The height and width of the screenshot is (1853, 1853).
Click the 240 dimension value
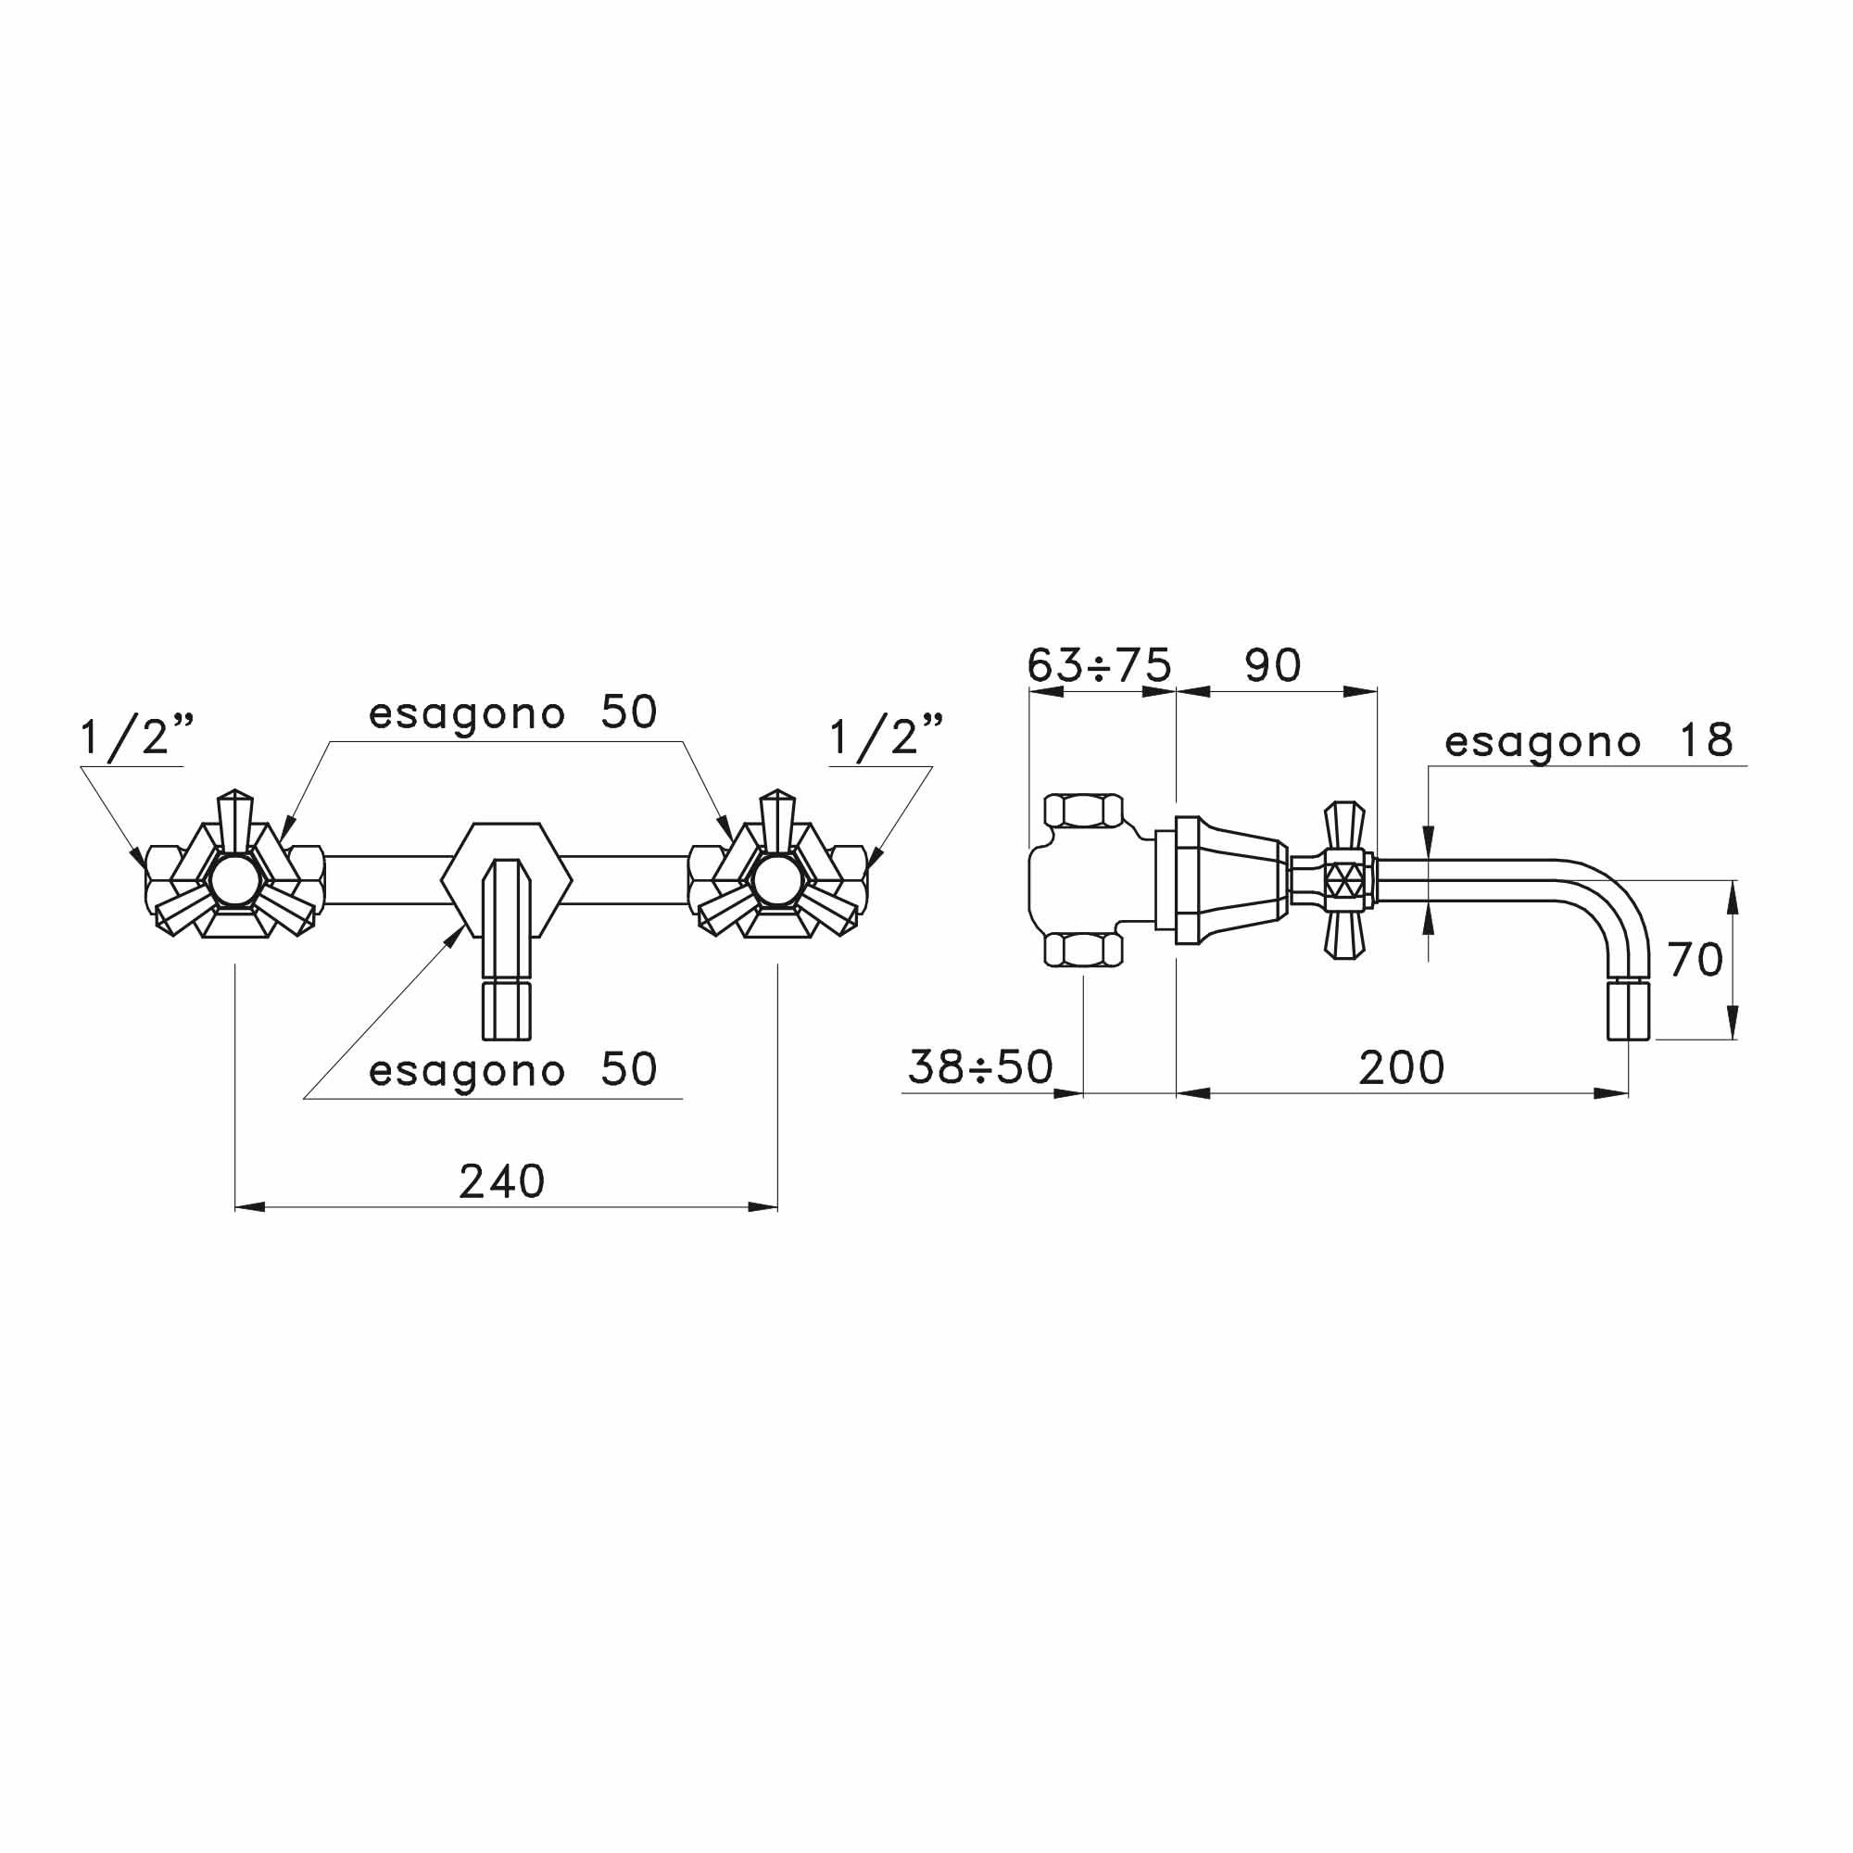pos(501,1181)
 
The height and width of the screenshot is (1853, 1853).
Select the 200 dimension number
pos(1401,1067)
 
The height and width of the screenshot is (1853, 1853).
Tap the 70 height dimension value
pos(1695,959)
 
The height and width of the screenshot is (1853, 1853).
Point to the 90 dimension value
pos(1273,664)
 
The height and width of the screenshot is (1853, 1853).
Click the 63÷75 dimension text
pos(1099,664)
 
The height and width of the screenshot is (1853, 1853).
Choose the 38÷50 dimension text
pos(980,1067)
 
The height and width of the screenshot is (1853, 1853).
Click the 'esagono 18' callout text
pos(1589,741)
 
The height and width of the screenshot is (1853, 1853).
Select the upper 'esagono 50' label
pos(513,712)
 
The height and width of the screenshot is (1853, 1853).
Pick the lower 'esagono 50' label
pos(513,1069)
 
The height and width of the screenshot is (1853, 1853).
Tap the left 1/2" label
pos(137,737)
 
